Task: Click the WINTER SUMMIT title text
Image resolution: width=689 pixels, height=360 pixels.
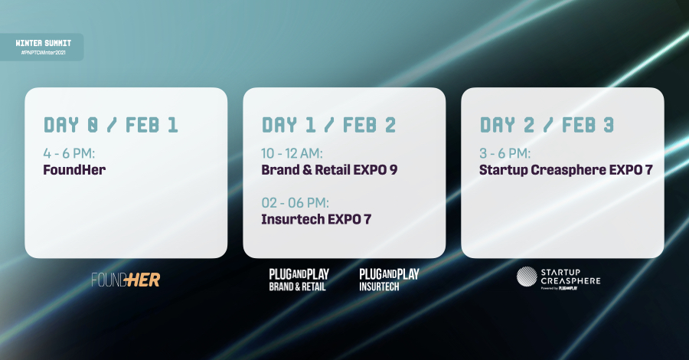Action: tap(43, 43)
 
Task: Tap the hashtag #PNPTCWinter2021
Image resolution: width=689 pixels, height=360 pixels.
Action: tap(43, 53)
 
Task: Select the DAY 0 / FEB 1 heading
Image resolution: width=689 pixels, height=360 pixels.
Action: tap(111, 125)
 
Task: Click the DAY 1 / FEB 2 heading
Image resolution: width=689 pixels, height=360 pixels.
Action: tap(328, 125)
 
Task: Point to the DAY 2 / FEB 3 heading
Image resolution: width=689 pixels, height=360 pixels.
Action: tap(547, 125)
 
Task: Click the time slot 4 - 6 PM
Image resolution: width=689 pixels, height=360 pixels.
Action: tap(69, 153)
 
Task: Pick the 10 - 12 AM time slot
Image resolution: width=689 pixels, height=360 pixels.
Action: tap(292, 153)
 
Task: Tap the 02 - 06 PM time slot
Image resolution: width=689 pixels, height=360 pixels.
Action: tap(296, 203)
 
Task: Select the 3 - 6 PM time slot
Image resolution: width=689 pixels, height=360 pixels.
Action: tap(505, 153)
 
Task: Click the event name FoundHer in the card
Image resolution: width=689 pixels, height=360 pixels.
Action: tap(74, 170)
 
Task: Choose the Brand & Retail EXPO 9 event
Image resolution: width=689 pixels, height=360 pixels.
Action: tap(329, 170)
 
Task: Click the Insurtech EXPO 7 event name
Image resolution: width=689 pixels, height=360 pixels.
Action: tap(316, 219)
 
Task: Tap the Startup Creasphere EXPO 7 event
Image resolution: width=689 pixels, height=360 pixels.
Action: tap(566, 170)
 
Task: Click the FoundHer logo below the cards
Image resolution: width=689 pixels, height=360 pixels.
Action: tap(126, 280)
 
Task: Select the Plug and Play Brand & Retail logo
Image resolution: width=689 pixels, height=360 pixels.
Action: tap(299, 280)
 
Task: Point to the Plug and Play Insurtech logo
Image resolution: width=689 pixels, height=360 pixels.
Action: tap(390, 280)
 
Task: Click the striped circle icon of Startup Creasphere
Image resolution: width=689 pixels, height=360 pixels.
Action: tap(527, 277)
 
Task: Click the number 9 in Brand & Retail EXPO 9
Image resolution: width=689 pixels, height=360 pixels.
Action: tap(393, 170)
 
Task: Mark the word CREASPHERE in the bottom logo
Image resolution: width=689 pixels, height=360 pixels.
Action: tap(570, 281)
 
